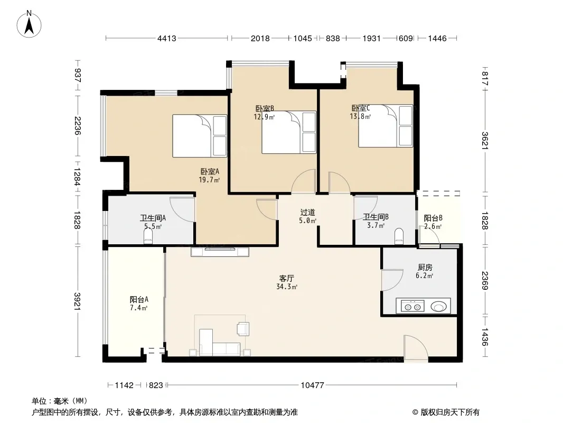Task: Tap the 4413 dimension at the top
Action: (166, 38)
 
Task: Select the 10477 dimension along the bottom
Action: (312, 385)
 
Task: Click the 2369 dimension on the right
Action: (485, 280)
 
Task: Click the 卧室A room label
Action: (210, 172)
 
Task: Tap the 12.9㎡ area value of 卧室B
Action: (264, 117)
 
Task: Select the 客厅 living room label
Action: (287, 278)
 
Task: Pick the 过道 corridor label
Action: (307, 213)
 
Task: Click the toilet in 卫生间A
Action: (148, 237)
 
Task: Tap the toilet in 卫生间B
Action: (399, 236)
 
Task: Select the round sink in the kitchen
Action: (439, 307)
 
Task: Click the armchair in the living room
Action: (243, 329)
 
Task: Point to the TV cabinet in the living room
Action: (220, 252)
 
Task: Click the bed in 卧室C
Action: (386, 126)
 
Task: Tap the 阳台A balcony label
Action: (139, 299)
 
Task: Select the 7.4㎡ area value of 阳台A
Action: (139, 308)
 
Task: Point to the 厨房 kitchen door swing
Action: (392, 280)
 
